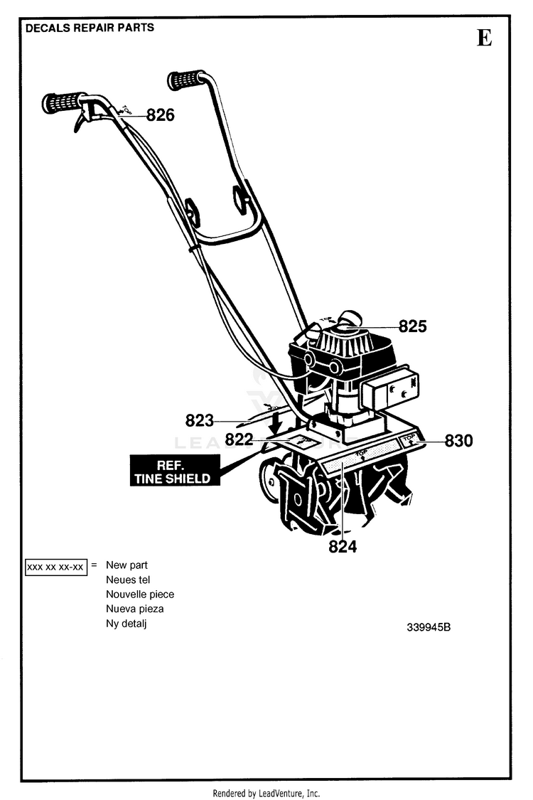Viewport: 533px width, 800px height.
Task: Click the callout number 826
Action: coord(161,115)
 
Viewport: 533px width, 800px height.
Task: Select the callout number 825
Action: coord(412,326)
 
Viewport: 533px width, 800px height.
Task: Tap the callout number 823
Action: coord(200,420)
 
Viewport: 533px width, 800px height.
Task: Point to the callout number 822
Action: coord(239,439)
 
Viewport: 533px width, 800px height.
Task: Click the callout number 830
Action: coord(458,441)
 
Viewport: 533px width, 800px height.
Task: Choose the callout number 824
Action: coord(343,547)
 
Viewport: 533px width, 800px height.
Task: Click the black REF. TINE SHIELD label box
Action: coord(173,471)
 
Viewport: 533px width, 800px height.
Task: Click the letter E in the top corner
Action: coord(484,38)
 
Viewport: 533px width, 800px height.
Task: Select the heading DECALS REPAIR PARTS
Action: coord(90,28)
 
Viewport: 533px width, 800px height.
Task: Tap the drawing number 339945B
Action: coord(429,628)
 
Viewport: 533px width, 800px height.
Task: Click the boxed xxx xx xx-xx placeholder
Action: coord(55,567)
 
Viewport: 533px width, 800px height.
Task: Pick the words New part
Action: coord(127,565)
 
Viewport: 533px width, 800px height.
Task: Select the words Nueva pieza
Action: coord(135,609)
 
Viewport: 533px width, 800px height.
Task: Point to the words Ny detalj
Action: coord(126,624)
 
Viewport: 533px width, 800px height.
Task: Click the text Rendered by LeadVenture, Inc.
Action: coord(266,793)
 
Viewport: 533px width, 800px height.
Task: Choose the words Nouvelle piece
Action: coord(140,594)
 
